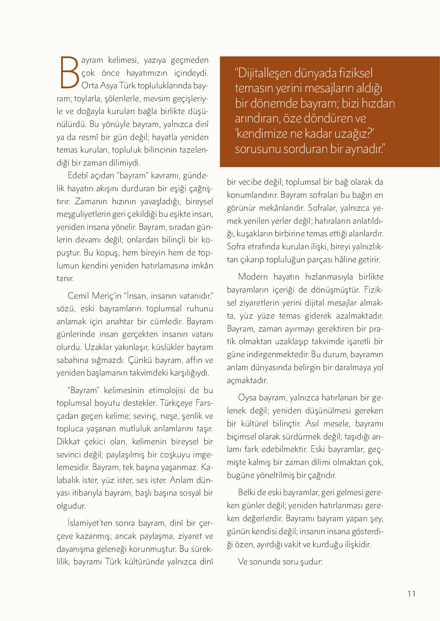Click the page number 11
click(x=411, y=593)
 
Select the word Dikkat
click(x=70, y=441)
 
